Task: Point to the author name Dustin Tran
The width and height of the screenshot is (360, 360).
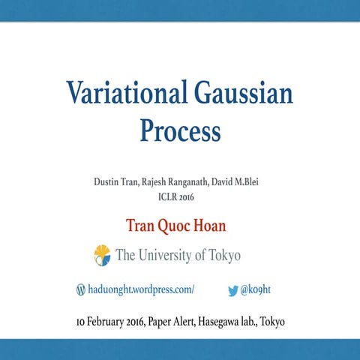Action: [x=118, y=182]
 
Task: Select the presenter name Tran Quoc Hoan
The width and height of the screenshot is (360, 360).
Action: [x=180, y=226]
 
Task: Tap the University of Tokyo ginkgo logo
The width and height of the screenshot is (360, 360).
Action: [x=102, y=255]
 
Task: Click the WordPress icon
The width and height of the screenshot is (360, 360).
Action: [x=81, y=289]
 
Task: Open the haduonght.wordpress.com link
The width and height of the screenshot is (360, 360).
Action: [x=141, y=289]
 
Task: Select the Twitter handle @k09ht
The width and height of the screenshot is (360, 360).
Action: [x=259, y=289]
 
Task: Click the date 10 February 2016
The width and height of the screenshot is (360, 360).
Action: [x=108, y=322]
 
